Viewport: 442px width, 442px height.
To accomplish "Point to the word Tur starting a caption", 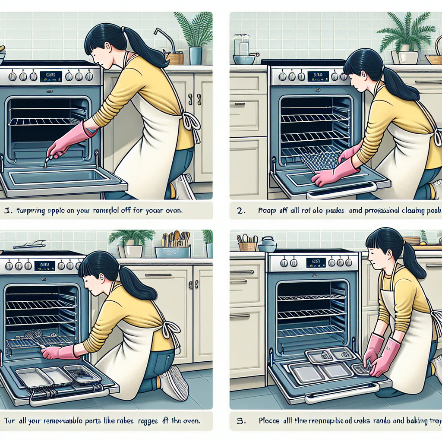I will click(x=9, y=419).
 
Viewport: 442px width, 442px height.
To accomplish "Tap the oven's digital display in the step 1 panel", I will click(x=49, y=76).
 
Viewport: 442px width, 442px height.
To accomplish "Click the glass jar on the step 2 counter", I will click(x=242, y=45).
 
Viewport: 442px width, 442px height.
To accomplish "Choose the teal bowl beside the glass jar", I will click(x=244, y=60).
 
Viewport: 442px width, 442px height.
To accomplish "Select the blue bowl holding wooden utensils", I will click(x=173, y=251).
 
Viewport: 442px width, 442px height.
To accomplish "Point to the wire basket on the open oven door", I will click(x=82, y=374).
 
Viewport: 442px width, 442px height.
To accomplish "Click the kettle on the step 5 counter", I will click(x=267, y=245).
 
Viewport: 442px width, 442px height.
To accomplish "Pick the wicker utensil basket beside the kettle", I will click(x=247, y=246).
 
